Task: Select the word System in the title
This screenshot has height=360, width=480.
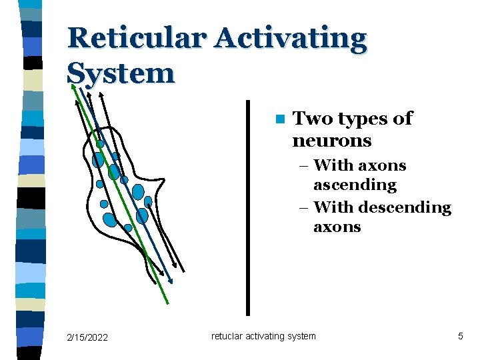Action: [121, 73]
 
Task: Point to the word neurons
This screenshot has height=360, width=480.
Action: [331, 141]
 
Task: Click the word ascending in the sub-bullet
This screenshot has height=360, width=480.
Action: [355, 185]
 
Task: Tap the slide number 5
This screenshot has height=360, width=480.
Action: [460, 337]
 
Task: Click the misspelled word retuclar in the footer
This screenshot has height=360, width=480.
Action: [228, 336]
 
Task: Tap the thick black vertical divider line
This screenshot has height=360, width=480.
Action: [248, 207]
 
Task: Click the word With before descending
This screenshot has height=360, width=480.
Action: [336, 207]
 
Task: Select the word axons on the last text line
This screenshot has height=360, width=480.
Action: [337, 227]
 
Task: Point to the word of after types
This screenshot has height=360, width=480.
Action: [403, 119]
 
